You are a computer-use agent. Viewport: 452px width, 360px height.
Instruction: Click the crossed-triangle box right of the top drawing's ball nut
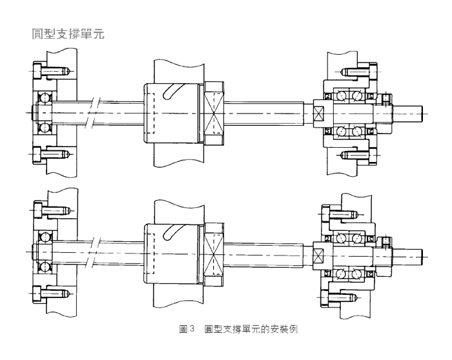[215, 112]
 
